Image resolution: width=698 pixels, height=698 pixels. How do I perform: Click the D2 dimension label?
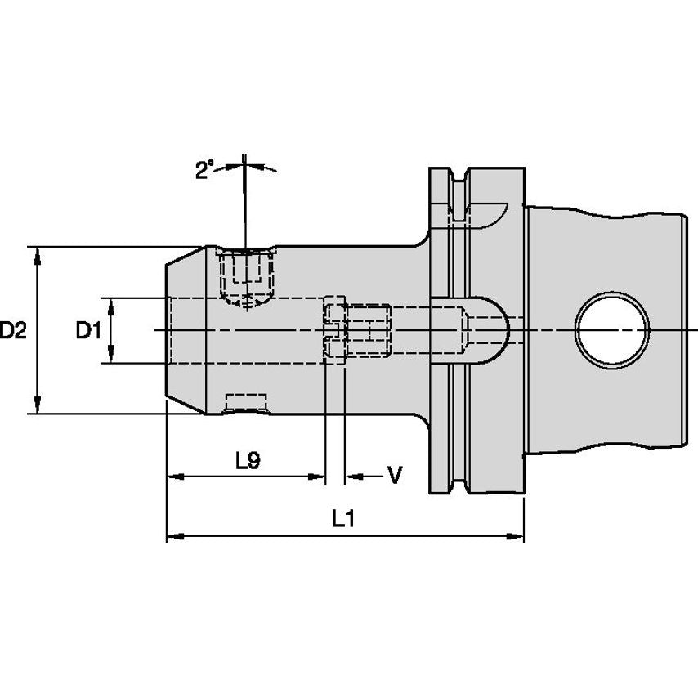coord(14,330)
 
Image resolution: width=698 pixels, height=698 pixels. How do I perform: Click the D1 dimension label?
coord(87,330)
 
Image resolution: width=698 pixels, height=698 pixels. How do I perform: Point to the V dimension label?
coord(395,475)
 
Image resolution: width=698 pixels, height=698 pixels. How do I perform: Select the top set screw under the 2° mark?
coord(246,275)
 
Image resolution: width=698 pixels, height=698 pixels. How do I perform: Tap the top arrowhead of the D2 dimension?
coord(38,253)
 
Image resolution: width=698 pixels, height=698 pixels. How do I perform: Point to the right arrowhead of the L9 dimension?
coord(319,477)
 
